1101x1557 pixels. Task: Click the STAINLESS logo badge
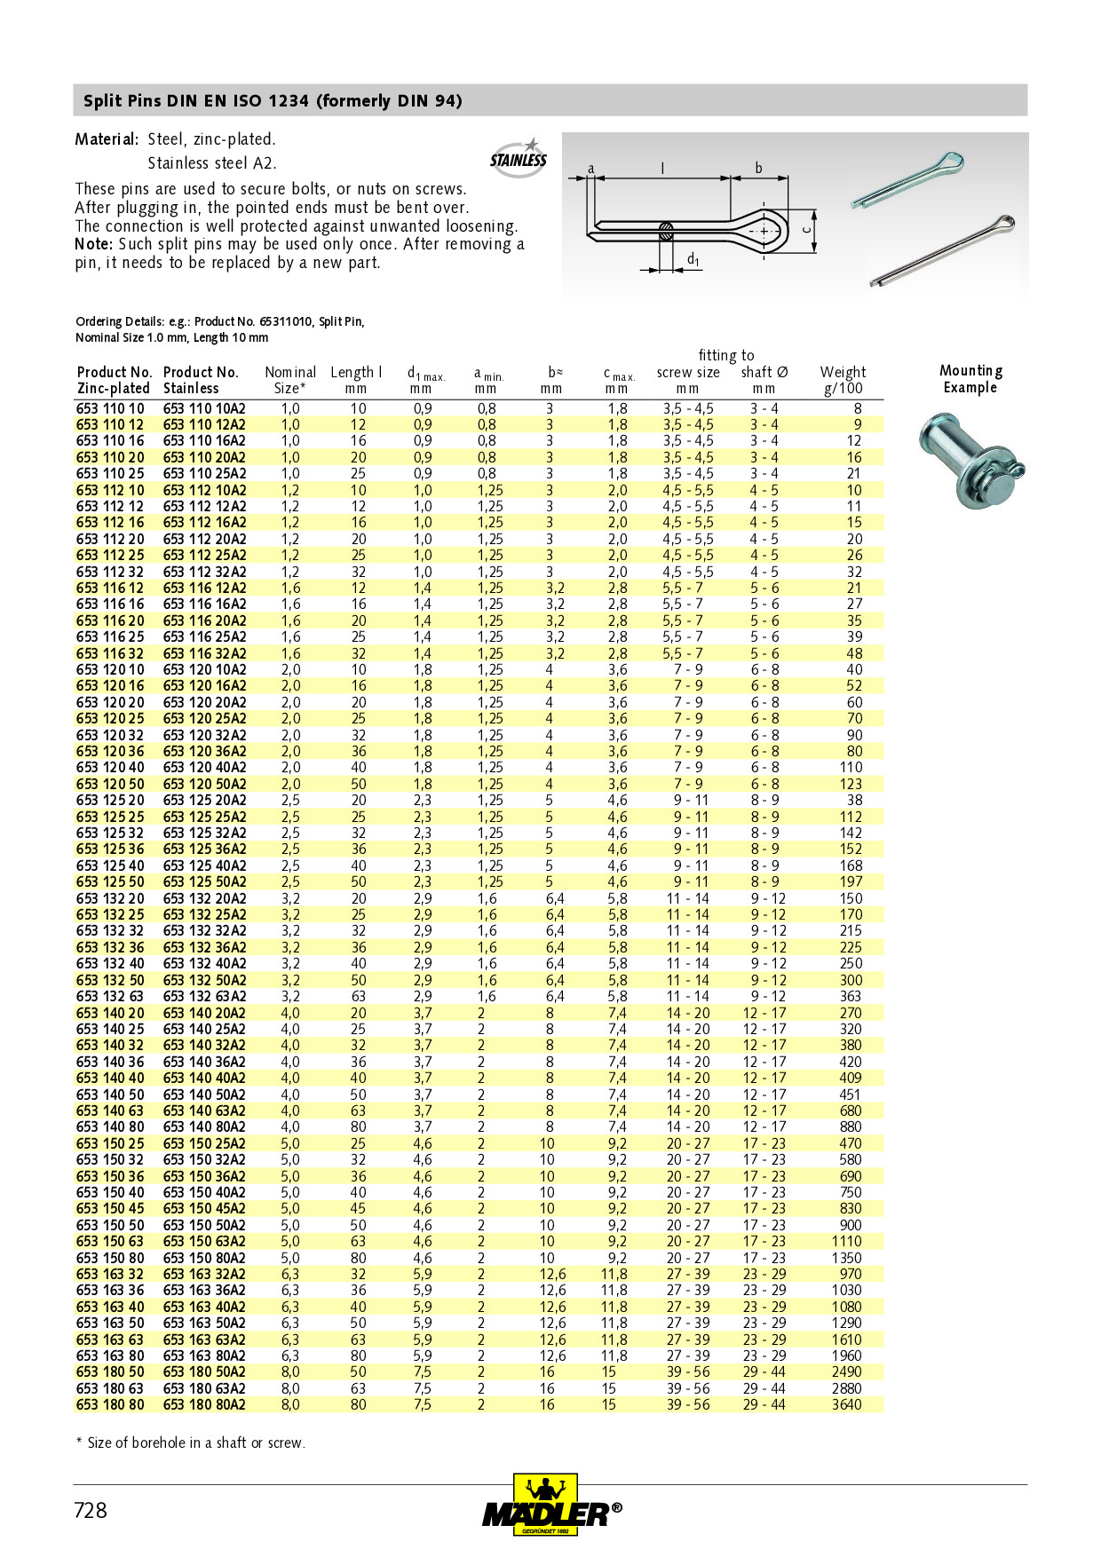[x=519, y=159]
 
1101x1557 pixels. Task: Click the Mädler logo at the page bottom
[x=550, y=1506]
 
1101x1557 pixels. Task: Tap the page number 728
[x=91, y=1510]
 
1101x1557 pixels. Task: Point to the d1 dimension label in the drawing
[x=693, y=259]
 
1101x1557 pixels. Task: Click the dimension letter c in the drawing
[x=806, y=228]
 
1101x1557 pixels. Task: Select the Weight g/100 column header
[x=843, y=380]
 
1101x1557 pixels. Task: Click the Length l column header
[x=356, y=380]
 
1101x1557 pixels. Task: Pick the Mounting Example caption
[x=970, y=379]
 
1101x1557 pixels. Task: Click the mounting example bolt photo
[x=970, y=461]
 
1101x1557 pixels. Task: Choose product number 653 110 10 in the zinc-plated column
[x=110, y=409]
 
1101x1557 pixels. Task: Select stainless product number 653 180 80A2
[x=204, y=1404]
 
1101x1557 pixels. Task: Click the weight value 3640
[x=846, y=1404]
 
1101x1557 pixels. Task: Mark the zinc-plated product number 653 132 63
[x=110, y=996]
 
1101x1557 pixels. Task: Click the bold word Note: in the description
[x=94, y=244]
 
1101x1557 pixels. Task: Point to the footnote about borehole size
[x=190, y=1442]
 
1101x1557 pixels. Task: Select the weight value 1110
[x=846, y=1241]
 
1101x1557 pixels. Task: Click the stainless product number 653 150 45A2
[x=204, y=1208]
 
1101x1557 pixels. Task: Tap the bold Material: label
[x=107, y=139]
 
